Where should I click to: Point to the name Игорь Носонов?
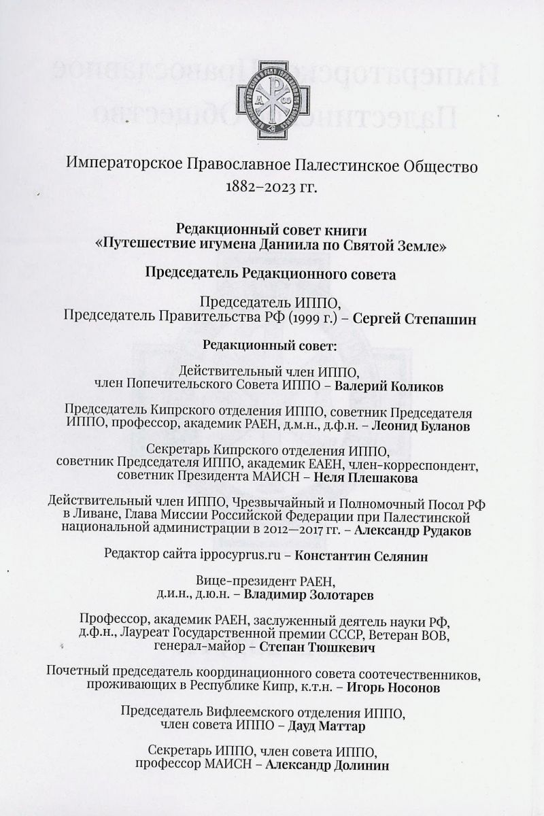(393, 687)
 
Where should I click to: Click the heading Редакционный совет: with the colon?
(270, 345)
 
